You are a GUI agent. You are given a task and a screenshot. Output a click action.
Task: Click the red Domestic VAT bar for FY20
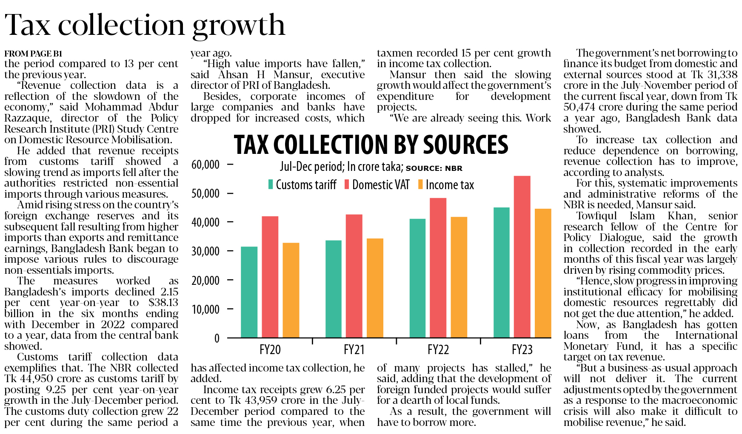point(270,277)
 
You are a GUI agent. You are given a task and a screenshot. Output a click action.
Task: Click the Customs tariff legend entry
point(302,185)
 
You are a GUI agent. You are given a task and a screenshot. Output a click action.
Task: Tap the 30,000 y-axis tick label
point(205,251)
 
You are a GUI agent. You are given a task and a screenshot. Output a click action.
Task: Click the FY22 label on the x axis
point(438,350)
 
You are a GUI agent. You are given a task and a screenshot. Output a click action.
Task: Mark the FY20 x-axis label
point(270,350)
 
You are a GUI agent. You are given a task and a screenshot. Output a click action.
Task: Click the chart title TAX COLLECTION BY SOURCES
point(371,145)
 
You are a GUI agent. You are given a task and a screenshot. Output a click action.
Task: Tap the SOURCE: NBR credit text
point(434,168)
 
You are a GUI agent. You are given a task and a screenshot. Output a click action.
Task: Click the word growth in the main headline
point(238,26)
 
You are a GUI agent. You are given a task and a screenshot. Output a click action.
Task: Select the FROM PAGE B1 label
point(33,54)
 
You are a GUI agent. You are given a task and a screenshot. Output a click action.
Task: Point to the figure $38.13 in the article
point(163,303)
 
